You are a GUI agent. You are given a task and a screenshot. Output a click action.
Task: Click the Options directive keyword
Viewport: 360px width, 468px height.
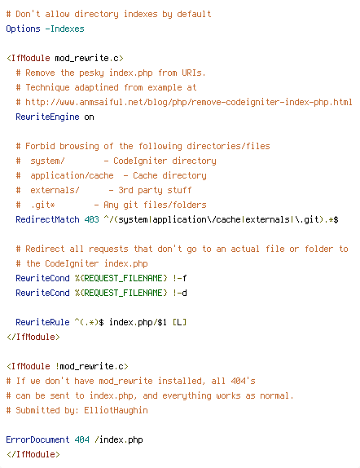pyautogui.click(x=23, y=29)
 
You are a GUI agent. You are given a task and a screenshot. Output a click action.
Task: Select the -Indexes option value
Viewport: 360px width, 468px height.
pyautogui.click(x=64, y=29)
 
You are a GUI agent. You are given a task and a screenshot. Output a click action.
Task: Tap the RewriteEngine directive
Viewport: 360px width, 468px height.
pyautogui.click(x=47, y=117)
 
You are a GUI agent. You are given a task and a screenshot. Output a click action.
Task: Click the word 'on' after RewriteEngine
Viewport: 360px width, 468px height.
pyautogui.click(x=89, y=117)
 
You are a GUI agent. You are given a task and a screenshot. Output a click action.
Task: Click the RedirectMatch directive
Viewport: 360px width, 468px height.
pyautogui.click(x=47, y=219)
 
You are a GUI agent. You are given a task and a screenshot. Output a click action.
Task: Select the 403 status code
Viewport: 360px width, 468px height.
pyautogui.click(x=91, y=219)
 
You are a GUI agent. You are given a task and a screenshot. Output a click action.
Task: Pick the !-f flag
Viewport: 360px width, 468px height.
pyautogui.click(x=179, y=278)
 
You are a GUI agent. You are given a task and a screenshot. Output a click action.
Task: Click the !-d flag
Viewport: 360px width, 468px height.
pyautogui.click(x=179, y=293)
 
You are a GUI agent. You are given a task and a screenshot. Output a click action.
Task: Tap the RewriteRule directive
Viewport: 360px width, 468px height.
pyautogui.click(x=42, y=322)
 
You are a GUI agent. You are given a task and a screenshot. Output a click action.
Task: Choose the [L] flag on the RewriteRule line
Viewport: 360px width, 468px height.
pyautogui.click(x=179, y=322)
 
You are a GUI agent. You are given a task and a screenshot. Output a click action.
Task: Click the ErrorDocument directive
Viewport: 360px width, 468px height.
pyautogui.click(x=37, y=439)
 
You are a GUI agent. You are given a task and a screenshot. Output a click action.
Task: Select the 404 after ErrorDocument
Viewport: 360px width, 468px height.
pyautogui.click(x=81, y=439)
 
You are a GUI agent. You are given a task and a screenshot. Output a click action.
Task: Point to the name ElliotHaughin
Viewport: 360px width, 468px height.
pyautogui.click(x=116, y=410)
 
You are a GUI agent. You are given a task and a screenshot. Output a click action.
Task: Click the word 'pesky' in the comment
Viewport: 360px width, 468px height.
pyautogui.click(x=91, y=73)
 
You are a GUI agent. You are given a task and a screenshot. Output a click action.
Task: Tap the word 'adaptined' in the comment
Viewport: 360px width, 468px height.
pyautogui.click(x=96, y=87)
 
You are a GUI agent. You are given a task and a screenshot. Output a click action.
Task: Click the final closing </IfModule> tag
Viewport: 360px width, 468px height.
pyautogui.click(x=33, y=454)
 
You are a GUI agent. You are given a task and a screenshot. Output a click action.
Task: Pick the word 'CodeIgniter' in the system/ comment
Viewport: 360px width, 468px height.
pyautogui.click(x=140, y=161)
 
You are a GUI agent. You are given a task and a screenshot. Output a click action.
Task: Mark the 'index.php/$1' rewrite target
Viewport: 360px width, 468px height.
pyautogui.click(x=138, y=322)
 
